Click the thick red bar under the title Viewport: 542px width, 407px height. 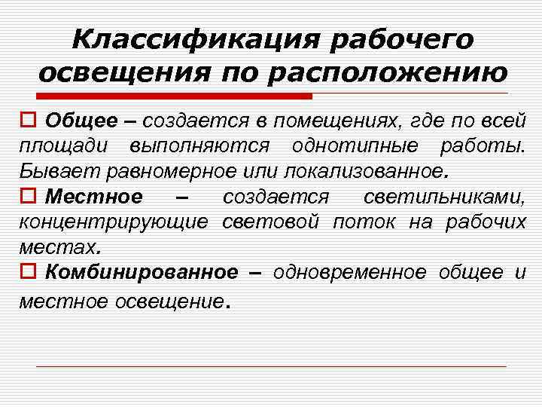point(173,96)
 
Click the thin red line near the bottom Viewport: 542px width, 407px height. point(271,366)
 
